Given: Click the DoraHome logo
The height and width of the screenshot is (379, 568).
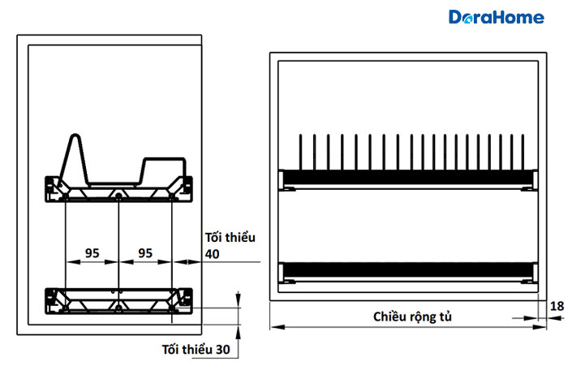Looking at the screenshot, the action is pyautogui.click(x=497, y=17).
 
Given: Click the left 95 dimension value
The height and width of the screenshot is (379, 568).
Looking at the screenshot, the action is pyautogui.click(x=92, y=253).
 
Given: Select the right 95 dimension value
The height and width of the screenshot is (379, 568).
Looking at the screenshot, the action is pyautogui.click(x=145, y=253).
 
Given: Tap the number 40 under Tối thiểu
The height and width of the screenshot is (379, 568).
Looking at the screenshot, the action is pyautogui.click(x=213, y=254).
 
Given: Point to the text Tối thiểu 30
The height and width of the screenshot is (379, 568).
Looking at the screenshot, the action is pyautogui.click(x=196, y=350).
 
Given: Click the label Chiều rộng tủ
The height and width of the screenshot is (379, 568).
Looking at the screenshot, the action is pyautogui.click(x=412, y=317).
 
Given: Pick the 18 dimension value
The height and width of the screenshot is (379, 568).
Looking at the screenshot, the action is pyautogui.click(x=557, y=306).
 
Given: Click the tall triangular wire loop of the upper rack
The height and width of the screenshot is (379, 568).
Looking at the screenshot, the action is pyautogui.click(x=75, y=159).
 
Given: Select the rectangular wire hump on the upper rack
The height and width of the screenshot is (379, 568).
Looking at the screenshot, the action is pyautogui.click(x=162, y=170).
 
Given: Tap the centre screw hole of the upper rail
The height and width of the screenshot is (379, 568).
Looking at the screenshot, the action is pyautogui.click(x=118, y=196).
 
